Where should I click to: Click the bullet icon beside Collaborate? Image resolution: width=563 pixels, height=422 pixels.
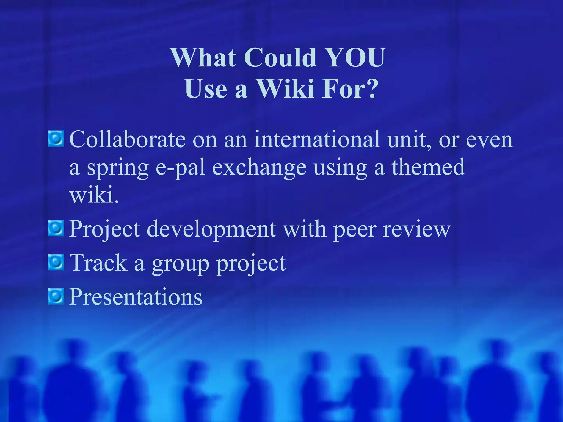pyautogui.click(x=56, y=139)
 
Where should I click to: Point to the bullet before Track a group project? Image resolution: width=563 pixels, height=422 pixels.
pyautogui.click(x=56, y=262)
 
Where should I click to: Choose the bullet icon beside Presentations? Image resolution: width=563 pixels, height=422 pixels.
pyautogui.click(x=56, y=296)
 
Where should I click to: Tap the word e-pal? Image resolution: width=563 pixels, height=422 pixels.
pyautogui.click(x=180, y=168)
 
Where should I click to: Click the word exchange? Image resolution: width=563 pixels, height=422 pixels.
pyautogui.click(x=259, y=168)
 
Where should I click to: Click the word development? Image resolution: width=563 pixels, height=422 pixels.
pyautogui.click(x=211, y=229)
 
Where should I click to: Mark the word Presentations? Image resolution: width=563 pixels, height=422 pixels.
pyautogui.click(x=136, y=297)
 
